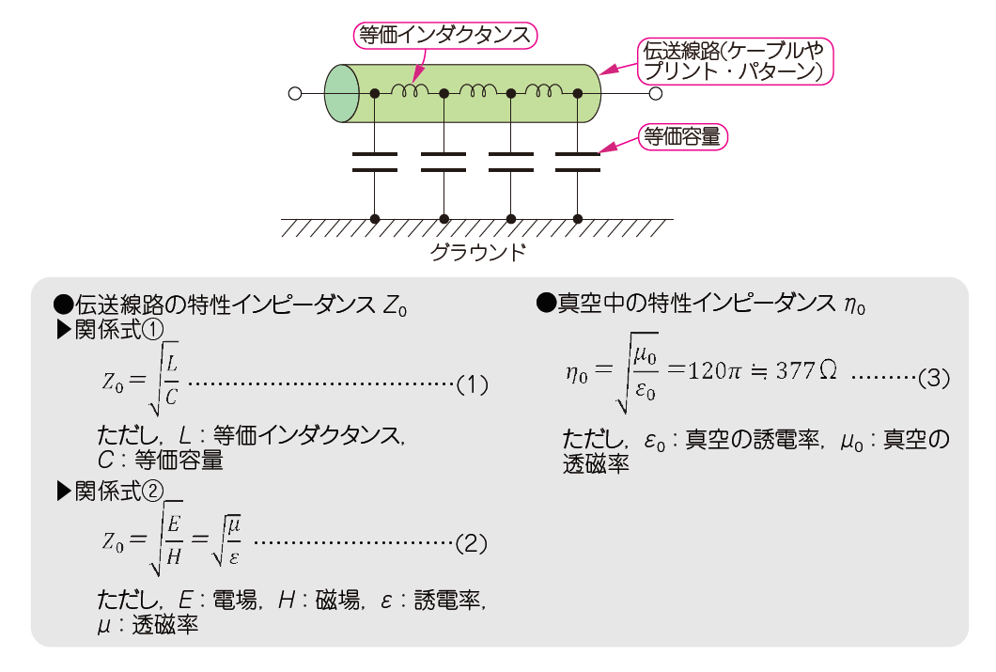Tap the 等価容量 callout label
pos(683,137)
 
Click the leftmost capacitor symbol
pos(375,161)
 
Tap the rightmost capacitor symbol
pos(577,161)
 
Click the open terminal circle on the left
pos(294,94)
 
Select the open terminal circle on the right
pos(655,94)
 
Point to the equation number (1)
pos(472,384)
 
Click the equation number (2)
pos(471,542)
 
